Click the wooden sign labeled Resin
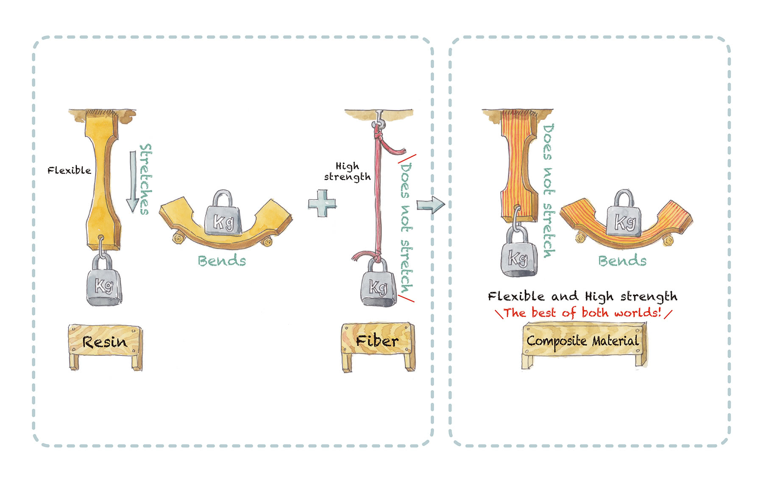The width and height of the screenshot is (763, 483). point(105,341)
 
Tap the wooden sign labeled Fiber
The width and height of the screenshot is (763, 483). point(377,341)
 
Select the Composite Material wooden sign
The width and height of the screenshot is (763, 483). point(583,341)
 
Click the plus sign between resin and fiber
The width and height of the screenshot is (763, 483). point(322,203)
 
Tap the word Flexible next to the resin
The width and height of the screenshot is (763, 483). point(69,170)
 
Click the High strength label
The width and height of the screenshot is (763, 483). point(347,172)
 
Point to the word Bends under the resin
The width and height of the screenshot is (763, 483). point(222,261)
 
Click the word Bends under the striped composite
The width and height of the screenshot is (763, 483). point(622,261)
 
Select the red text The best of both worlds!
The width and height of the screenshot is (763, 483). point(583,313)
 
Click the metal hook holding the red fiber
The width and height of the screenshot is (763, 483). point(378,120)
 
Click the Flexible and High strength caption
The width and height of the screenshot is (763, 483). point(582,296)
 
